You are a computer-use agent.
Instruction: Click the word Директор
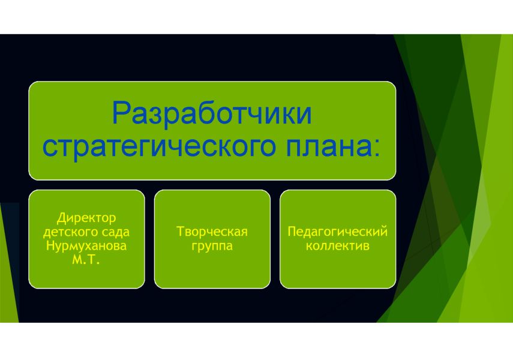(86, 218)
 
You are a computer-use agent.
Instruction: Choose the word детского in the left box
(67, 232)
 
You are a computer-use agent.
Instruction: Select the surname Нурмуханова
(86, 246)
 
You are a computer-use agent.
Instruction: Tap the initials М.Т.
(86, 260)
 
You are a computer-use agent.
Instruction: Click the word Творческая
(212, 232)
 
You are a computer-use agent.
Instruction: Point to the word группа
(212, 246)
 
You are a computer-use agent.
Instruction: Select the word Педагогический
(338, 232)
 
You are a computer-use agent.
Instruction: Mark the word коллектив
(338, 246)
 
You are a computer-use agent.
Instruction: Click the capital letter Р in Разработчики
(121, 113)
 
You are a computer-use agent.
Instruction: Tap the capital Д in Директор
(61, 218)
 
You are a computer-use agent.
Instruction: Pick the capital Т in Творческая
(181, 232)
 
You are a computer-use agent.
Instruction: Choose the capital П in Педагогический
(292, 232)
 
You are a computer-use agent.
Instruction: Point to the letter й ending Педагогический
(384, 231)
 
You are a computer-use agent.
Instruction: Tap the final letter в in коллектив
(367, 247)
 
